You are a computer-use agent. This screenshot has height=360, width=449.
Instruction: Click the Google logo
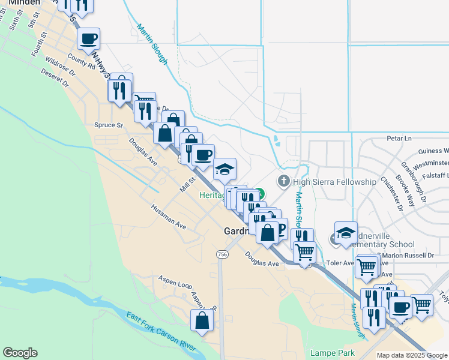pyautogui.click(x=20, y=353)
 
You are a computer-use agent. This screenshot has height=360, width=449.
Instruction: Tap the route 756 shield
pyautogui.click(x=222, y=254)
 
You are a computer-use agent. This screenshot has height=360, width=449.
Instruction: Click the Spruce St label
pyautogui.click(x=108, y=125)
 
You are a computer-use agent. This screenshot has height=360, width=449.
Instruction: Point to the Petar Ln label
pyautogui.click(x=399, y=138)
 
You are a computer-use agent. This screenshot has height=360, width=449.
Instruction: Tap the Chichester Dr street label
pyautogui.click(x=399, y=196)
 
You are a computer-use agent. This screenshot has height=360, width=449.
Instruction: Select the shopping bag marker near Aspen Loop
pyautogui.click(x=202, y=321)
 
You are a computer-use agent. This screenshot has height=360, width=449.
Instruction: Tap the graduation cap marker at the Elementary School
pyautogui.click(x=346, y=233)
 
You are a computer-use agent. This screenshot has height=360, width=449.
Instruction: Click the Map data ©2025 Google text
pyautogui.click(x=412, y=355)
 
